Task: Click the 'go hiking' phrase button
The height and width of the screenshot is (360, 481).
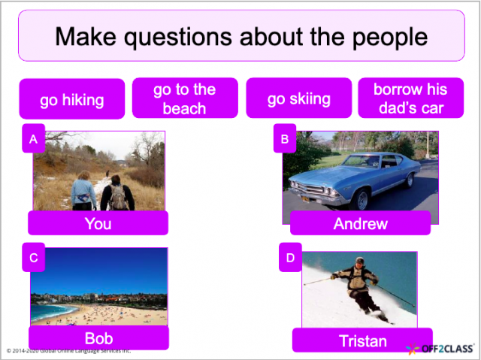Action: pos(71,100)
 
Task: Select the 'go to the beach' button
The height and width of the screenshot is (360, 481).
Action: pos(184,99)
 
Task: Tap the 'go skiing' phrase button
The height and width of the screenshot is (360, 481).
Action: pos(298,99)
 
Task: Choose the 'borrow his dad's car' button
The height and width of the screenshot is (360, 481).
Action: pos(410,99)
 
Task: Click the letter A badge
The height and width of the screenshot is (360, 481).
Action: pos(33,140)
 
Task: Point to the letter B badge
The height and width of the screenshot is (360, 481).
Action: pos(285,139)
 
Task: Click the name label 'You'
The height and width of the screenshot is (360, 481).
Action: pos(98,223)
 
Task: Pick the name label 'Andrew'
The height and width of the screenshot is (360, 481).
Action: pos(360,223)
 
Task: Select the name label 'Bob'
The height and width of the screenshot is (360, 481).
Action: pos(98,338)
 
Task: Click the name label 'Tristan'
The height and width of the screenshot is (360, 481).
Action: pos(362,340)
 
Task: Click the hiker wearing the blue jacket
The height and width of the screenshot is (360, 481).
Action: pos(83,192)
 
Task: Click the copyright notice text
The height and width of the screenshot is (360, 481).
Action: pos(68,350)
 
